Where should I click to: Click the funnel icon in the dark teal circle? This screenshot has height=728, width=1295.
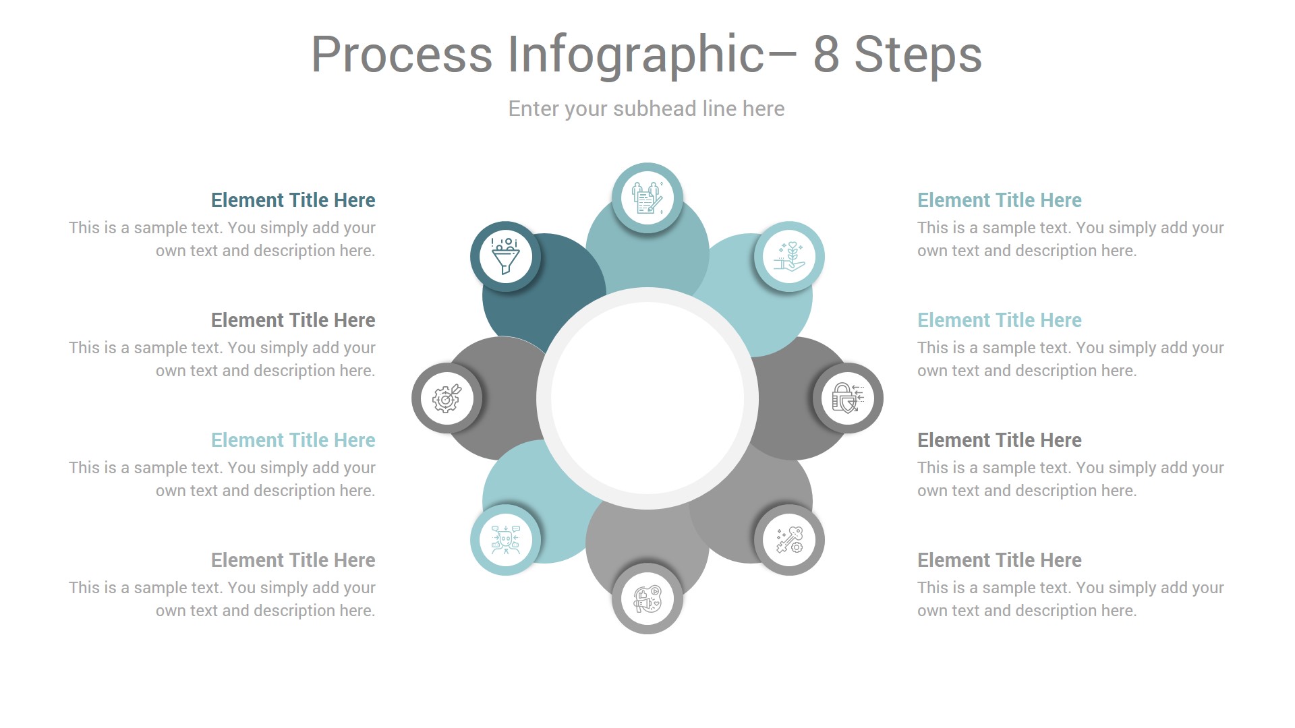coord(505,256)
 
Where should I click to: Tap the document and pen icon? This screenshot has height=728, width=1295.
coord(647,198)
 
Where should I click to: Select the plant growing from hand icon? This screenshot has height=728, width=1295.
coord(789,256)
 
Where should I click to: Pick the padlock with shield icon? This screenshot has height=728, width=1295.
coord(848,398)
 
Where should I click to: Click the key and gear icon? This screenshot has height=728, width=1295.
coord(789,540)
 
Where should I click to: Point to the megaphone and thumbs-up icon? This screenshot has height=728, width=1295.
coord(647,599)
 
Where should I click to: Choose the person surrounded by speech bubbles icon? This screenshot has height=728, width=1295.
coord(505,540)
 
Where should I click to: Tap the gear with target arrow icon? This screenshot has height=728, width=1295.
coord(447,398)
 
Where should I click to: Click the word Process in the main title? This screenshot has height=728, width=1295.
coord(401,55)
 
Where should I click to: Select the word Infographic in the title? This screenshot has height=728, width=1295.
coord(636,55)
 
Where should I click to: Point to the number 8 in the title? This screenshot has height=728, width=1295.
coord(826,55)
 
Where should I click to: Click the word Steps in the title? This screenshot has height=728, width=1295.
coord(918,55)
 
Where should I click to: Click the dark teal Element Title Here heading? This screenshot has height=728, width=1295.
coord(293,200)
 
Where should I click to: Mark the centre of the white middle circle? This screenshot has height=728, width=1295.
coord(647,398)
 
